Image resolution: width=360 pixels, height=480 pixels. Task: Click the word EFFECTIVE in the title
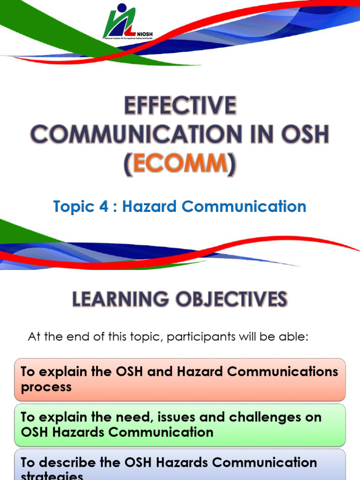point(180,106)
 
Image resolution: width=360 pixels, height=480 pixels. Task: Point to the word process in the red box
point(46,387)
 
